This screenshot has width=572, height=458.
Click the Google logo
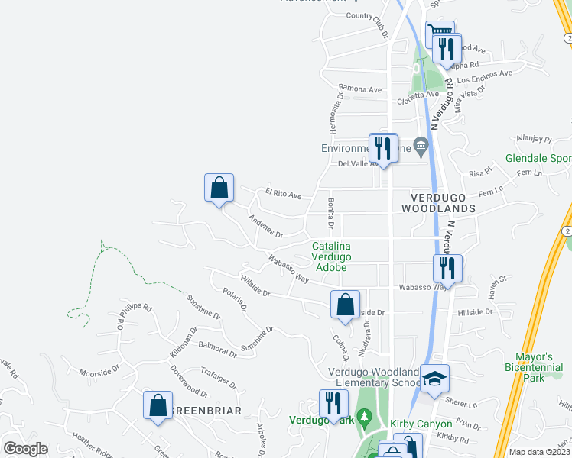(24, 449)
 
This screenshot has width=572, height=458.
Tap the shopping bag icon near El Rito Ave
(219, 188)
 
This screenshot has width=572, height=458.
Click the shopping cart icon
(439, 34)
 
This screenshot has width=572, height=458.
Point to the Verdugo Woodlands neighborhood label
(439, 202)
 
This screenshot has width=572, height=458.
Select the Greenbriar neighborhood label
(204, 411)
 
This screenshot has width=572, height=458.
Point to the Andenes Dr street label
(265, 225)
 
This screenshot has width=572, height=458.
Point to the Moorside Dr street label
(99, 371)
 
